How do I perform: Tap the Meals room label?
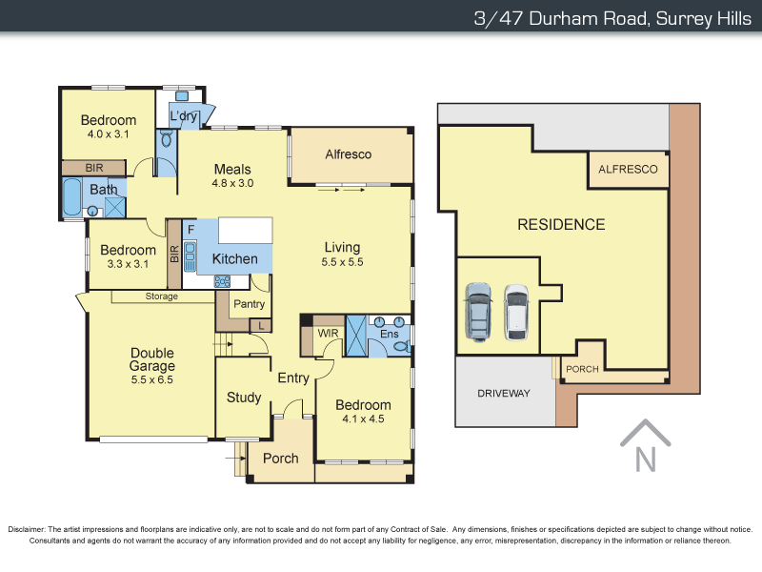coord(232,170)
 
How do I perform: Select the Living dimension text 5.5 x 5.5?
coord(343,261)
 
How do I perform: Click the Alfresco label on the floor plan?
coord(348,154)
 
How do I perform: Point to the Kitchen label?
coord(234,258)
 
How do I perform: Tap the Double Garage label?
coord(152,359)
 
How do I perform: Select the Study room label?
coord(244,398)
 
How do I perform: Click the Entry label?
coord(293,378)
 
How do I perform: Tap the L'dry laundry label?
coord(183,116)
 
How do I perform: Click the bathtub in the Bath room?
coord(72,198)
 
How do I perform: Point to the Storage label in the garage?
coord(161,296)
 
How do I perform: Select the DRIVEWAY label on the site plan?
coord(504,393)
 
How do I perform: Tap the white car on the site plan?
coord(515,311)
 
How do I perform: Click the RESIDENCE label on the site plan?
coord(561,225)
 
